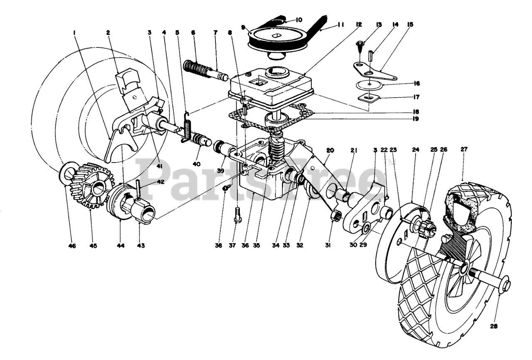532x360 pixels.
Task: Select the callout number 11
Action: (x=340, y=25)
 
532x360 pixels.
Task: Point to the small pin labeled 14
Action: (x=373, y=55)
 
